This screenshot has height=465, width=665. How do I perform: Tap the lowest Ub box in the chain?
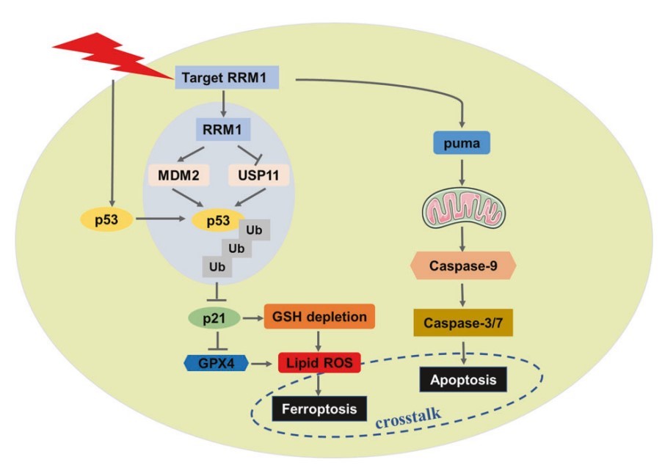(217, 267)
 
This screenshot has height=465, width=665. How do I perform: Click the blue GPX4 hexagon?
(214, 362)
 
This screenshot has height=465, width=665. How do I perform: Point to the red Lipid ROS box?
(319, 362)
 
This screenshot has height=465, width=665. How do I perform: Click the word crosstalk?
(407, 414)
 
